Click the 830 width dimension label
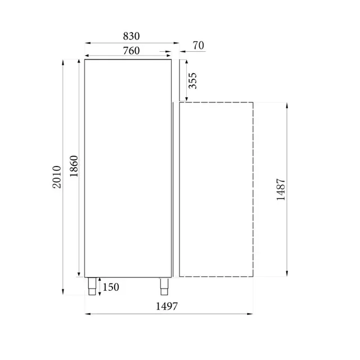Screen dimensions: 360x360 point(130,36)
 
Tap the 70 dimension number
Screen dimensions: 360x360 point(198,46)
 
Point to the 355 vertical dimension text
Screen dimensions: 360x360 point(192,81)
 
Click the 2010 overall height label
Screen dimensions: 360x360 point(56,177)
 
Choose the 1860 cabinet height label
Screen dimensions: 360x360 point(74,166)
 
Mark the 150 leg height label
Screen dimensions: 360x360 point(111,288)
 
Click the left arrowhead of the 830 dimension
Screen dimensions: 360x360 point(87,42)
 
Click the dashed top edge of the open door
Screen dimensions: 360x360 point(216,102)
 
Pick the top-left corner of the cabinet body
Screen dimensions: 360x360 point(85,58)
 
